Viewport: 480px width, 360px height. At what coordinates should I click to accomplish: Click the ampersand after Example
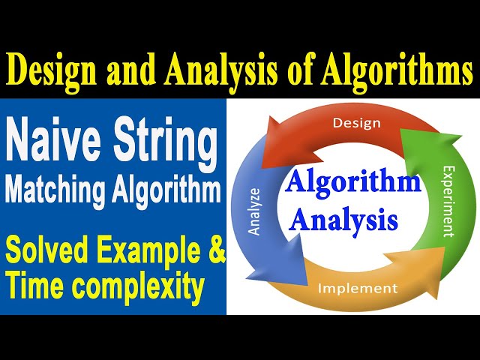point(215,252)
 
